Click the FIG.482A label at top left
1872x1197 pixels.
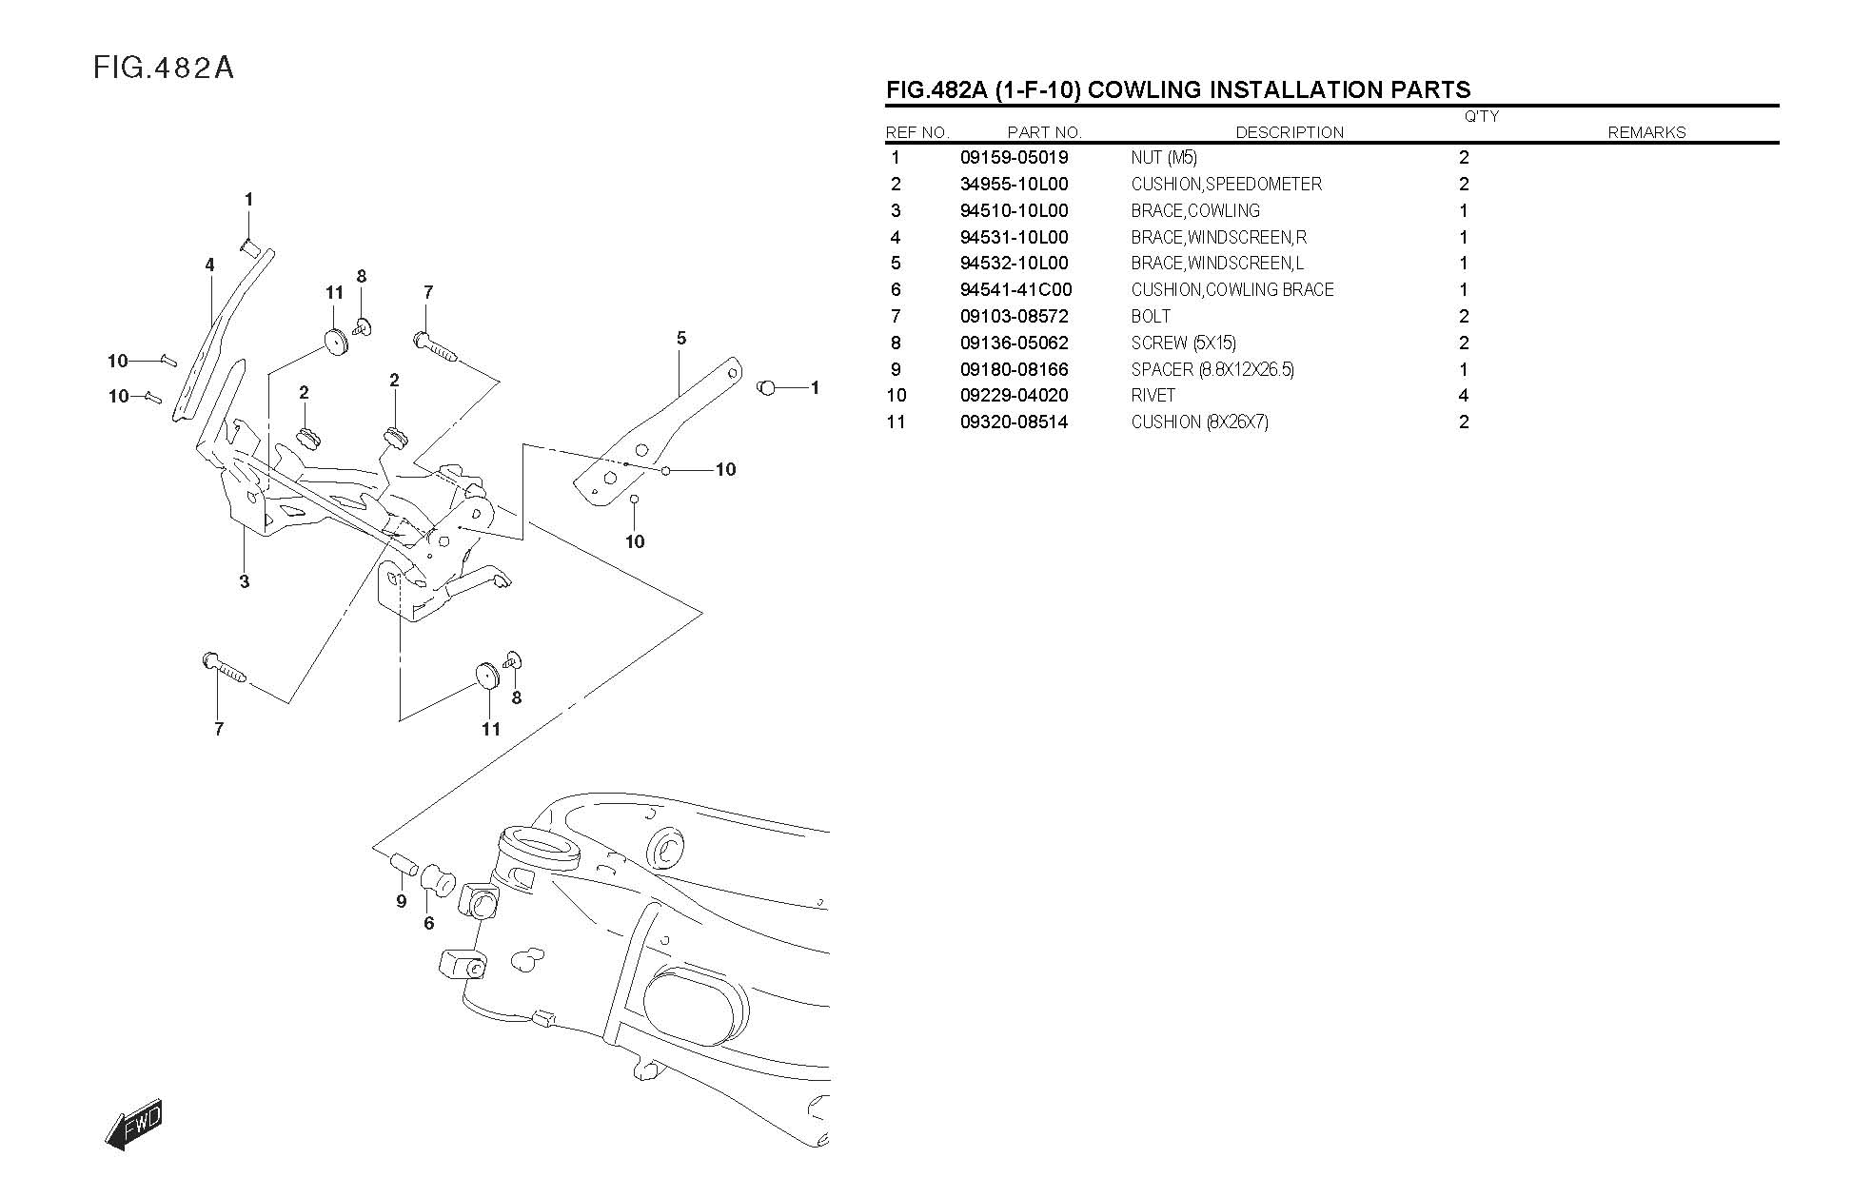point(164,69)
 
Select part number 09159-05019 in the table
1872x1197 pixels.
point(1014,158)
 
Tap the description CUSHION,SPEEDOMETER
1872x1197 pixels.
point(1226,185)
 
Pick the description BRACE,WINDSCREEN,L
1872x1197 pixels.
point(1217,264)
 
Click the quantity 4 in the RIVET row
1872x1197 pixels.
point(1463,396)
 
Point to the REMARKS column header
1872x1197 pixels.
point(1645,133)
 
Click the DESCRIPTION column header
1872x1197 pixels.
point(1289,133)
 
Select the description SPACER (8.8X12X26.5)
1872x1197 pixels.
point(1212,370)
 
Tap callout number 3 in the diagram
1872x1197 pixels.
point(245,581)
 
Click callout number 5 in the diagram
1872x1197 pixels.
point(681,338)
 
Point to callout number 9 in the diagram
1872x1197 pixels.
point(402,901)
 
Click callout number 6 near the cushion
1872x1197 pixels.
point(429,923)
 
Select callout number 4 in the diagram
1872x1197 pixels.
point(210,265)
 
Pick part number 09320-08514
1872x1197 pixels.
point(1014,422)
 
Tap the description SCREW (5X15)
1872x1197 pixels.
point(1183,343)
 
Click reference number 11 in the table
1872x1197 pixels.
point(896,422)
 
